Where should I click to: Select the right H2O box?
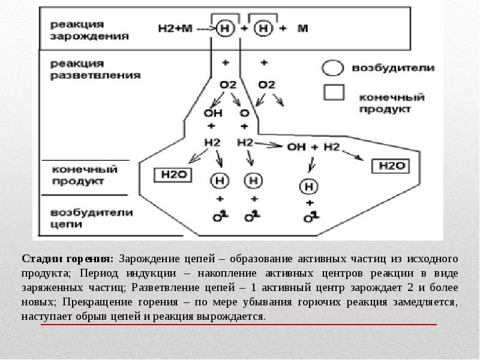(x=391, y=165)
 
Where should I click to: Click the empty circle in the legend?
(x=333, y=68)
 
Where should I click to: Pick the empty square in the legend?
(x=334, y=92)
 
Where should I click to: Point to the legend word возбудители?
(x=393, y=68)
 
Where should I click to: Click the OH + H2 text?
(x=313, y=146)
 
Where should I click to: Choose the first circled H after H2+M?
(x=225, y=28)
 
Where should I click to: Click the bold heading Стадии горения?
(x=67, y=259)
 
